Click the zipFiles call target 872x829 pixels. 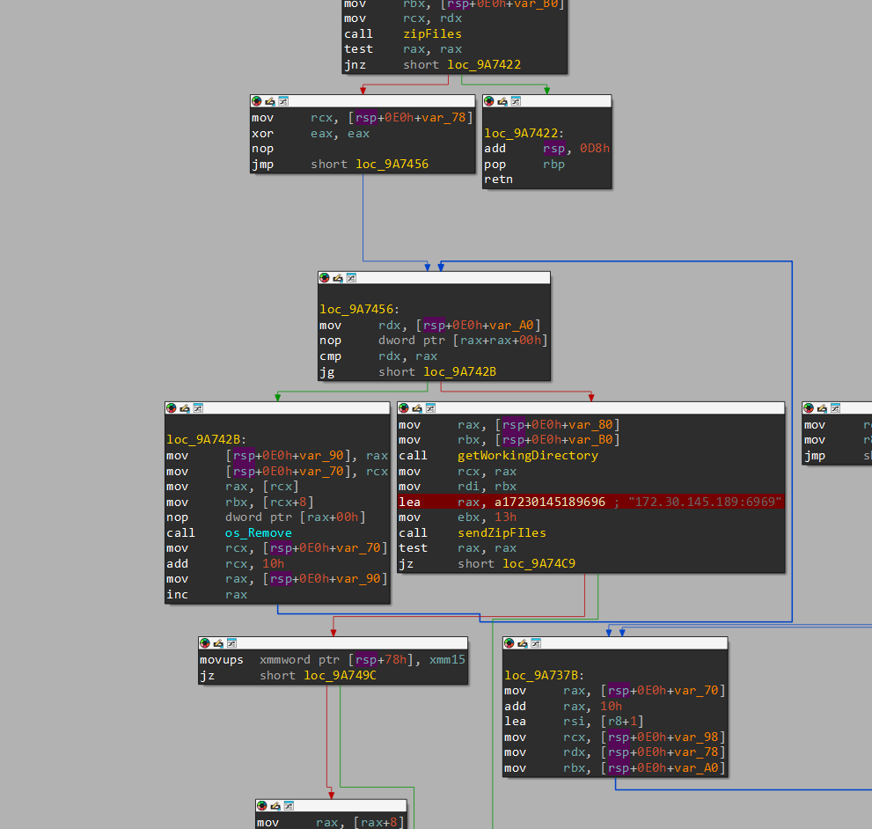point(432,34)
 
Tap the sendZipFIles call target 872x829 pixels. point(502,532)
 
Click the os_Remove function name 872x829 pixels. point(258,532)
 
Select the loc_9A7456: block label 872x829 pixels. point(359,310)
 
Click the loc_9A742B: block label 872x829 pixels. point(206,440)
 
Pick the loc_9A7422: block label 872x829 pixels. point(525,134)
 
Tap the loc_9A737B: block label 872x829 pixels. point(546,675)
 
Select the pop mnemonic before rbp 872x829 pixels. point(495,165)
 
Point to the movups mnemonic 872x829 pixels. point(221,660)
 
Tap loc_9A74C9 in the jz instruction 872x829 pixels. point(539,563)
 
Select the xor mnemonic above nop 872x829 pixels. point(262,134)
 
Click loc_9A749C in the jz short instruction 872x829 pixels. point(340,676)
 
